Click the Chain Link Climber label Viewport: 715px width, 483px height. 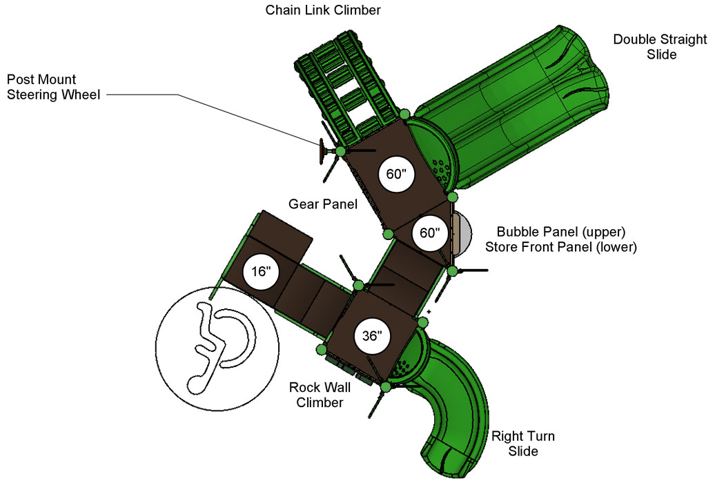pyautogui.click(x=323, y=10)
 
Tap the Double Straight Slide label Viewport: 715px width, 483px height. pyautogui.click(x=660, y=46)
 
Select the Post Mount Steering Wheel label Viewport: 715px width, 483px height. pyautogui.click(x=53, y=87)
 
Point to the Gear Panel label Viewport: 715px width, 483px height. pyautogui.click(x=323, y=204)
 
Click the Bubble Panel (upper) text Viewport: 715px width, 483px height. pyautogui.click(x=561, y=232)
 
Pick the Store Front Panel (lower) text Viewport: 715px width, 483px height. pyautogui.click(x=561, y=247)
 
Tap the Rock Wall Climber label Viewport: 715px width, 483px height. pyautogui.click(x=320, y=395)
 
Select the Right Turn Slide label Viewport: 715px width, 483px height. pyautogui.click(x=523, y=443)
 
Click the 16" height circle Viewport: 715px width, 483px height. pyautogui.click(x=261, y=271)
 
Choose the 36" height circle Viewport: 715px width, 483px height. pyautogui.click(x=372, y=335)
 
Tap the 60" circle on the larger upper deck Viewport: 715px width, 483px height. pyautogui.click(x=396, y=174)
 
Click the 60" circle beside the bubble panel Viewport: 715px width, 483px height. pyautogui.click(x=429, y=233)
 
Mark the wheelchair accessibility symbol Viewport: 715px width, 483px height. pyautogui.click(x=217, y=348)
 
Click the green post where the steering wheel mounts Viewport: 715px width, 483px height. pyautogui.click(x=340, y=151)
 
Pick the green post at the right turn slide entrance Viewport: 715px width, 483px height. pyautogui.click(x=386, y=388)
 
